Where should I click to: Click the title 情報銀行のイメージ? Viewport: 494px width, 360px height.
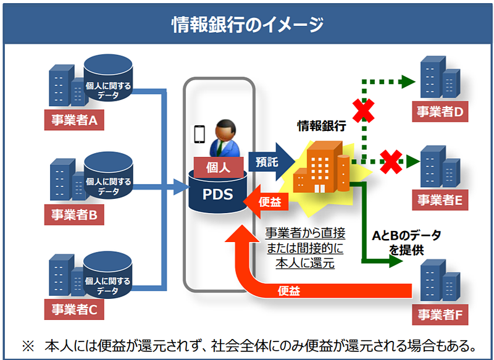[247, 24]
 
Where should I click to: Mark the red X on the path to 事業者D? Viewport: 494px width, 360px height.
[364, 111]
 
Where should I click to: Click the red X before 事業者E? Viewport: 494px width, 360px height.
[390, 161]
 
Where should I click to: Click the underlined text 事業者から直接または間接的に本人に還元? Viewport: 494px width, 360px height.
[305, 248]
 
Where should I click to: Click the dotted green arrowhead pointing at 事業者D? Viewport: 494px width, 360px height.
[408, 81]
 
